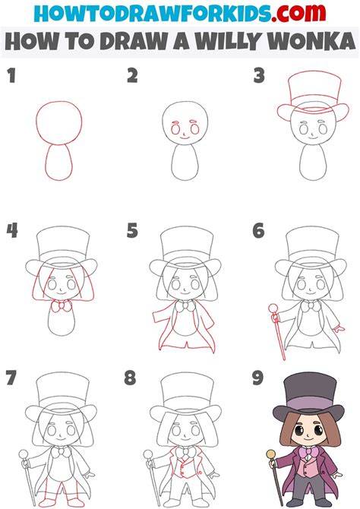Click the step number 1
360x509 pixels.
[x=11, y=76]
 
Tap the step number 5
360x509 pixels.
[x=132, y=230]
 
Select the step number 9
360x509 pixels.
[x=257, y=378]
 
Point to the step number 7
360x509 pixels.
[x=11, y=378]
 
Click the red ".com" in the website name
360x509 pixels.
[x=299, y=13]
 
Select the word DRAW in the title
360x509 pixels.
[x=134, y=41]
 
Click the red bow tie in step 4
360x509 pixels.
[x=62, y=306]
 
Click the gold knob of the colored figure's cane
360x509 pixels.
[x=270, y=454]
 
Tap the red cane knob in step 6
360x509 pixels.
[x=273, y=308]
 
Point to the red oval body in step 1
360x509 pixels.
[x=58, y=162]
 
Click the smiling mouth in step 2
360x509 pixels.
[x=185, y=138]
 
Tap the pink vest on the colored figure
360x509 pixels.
[x=308, y=467]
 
